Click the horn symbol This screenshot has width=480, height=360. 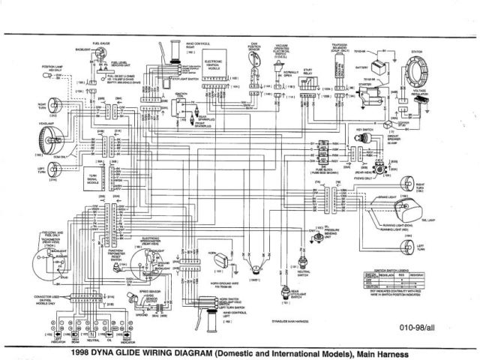tap(221, 259)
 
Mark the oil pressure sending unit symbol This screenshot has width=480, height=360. tap(304, 259)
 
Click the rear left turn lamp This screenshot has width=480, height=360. tap(408, 245)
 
